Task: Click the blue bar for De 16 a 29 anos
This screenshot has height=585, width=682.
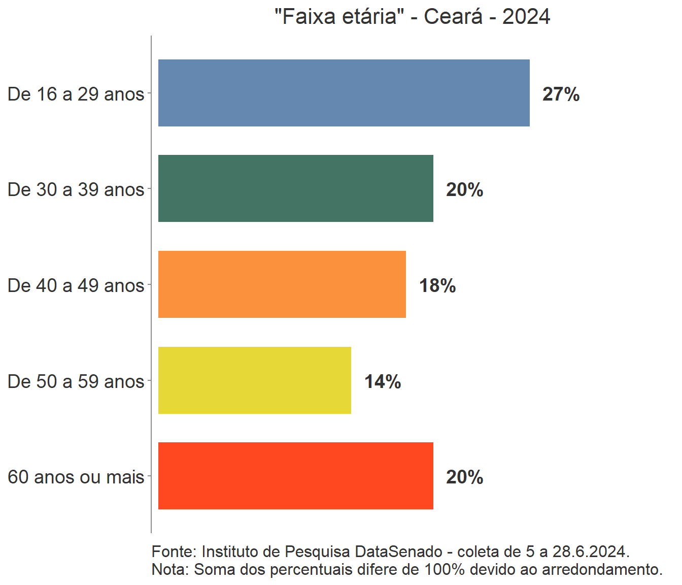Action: [x=344, y=93]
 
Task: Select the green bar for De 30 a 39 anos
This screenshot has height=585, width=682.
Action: [x=295, y=188]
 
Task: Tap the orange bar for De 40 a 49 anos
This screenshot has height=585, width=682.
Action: [x=282, y=284]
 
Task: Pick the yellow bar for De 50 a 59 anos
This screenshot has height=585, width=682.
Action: [x=254, y=380]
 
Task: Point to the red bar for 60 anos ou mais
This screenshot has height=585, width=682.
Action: [x=295, y=476]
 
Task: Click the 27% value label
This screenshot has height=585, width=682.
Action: [x=561, y=94]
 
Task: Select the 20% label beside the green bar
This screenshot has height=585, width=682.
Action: [x=464, y=190]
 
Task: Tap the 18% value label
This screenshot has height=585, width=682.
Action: [x=437, y=286]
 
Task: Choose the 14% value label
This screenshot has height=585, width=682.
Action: [x=383, y=382]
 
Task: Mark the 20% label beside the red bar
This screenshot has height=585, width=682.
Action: [x=464, y=477]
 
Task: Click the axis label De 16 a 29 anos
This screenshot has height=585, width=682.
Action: [x=76, y=94]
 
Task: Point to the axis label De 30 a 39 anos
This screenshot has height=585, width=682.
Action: [x=76, y=190]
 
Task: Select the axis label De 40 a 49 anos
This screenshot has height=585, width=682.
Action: [x=76, y=286]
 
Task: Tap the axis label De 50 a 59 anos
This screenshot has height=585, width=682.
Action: [x=76, y=382]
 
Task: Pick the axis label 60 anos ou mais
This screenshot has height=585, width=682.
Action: [x=76, y=477]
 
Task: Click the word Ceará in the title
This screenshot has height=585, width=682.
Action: [x=453, y=17]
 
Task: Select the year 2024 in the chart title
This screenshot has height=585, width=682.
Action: [x=526, y=17]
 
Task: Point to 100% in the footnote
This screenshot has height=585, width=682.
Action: [x=445, y=569]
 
